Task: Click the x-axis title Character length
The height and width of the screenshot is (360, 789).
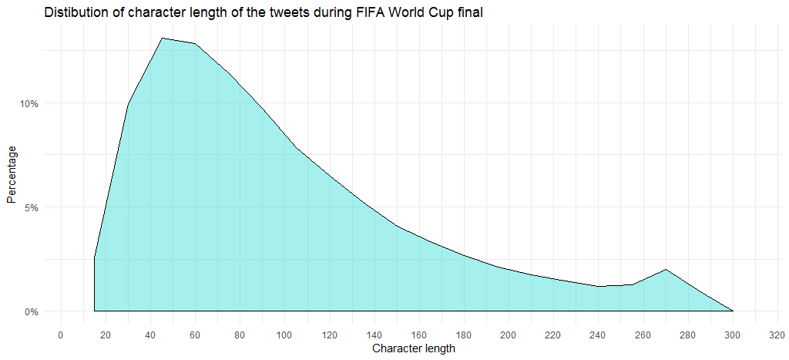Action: tap(413, 349)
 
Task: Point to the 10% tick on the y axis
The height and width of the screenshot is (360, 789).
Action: tap(29, 103)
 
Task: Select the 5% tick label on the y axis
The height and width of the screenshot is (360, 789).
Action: tap(32, 207)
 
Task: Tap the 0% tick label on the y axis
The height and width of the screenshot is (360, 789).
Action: tap(32, 311)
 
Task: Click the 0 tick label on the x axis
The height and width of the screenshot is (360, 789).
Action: tap(61, 335)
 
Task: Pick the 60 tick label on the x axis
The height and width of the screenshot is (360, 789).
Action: tap(195, 335)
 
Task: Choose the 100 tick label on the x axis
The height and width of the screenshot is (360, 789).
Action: tap(284, 335)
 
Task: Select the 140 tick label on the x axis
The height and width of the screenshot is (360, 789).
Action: tap(374, 335)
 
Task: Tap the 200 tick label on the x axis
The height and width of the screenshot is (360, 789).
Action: tap(509, 335)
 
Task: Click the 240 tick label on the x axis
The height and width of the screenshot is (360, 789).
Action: tap(598, 335)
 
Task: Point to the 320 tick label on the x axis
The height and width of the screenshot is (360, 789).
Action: tap(777, 335)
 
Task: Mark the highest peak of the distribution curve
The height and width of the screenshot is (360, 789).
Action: tap(162, 38)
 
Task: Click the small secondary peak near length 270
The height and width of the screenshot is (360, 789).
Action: tap(666, 269)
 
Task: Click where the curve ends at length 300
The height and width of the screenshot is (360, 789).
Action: tap(733, 311)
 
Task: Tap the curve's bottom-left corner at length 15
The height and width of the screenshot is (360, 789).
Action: tap(95, 311)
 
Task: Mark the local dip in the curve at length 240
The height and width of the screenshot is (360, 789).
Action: tap(599, 286)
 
